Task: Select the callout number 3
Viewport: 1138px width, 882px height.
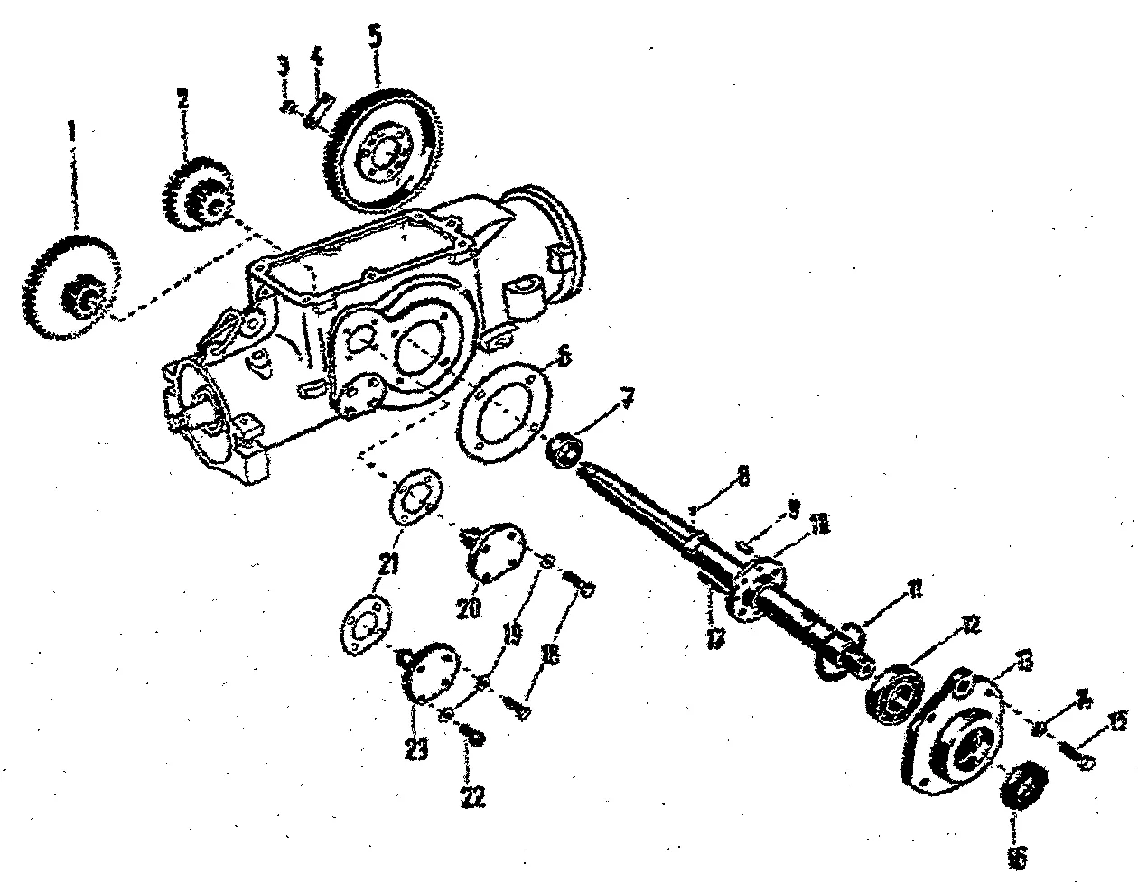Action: (283, 65)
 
